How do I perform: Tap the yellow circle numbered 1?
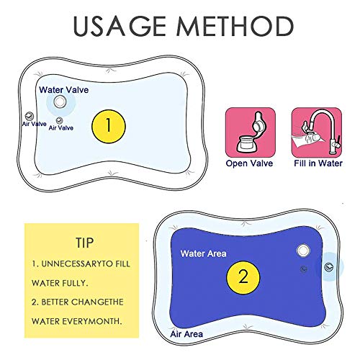pyautogui.click(x=109, y=125)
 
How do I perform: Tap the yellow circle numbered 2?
pyautogui.click(x=243, y=274)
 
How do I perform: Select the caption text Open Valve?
pyautogui.click(x=251, y=163)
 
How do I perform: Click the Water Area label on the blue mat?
pyautogui.click(x=204, y=253)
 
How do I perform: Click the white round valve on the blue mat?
pyautogui.click(x=302, y=251)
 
